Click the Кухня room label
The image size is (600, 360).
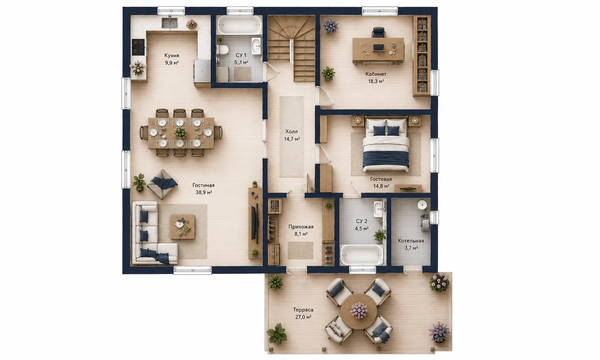[172, 56]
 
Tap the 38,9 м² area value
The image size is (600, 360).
[203, 192]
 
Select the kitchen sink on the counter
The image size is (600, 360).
[170, 22]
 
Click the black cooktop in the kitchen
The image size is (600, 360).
[138, 47]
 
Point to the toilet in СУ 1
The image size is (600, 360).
[223, 50]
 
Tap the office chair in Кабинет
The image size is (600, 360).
[378, 33]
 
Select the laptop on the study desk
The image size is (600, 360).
[378, 47]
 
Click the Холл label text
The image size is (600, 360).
[291, 132]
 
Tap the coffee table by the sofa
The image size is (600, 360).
[183, 227]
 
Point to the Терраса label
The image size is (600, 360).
[303, 310]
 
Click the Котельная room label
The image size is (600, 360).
[411, 241]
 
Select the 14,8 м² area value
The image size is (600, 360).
[381, 186]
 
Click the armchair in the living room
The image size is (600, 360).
[162, 184]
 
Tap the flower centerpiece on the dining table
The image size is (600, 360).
[180, 132]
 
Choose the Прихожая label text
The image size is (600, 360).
[301, 227]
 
